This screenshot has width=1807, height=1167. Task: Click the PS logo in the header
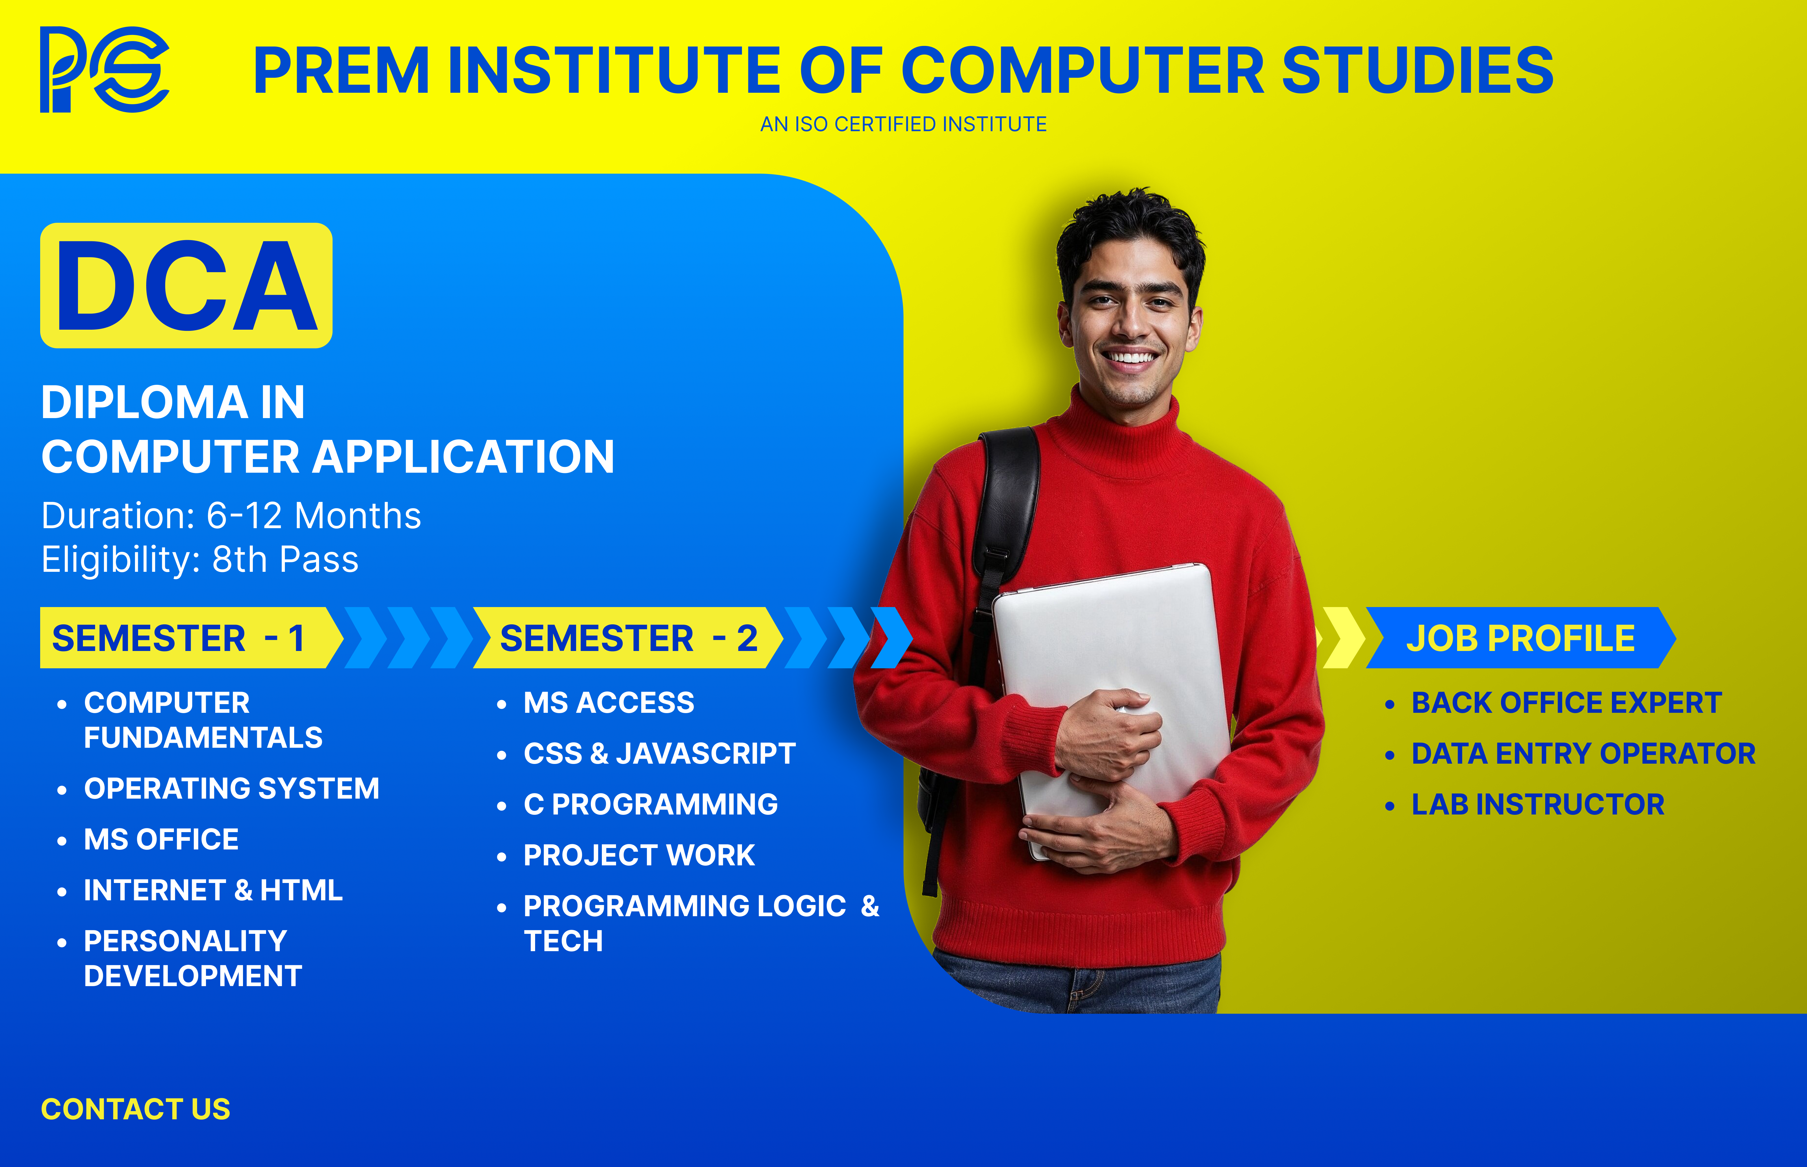(x=105, y=70)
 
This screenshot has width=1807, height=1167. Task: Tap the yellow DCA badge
(x=186, y=286)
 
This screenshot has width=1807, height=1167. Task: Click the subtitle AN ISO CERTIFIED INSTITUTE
(x=903, y=124)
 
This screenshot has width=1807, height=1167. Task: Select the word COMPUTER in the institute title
(x=1082, y=70)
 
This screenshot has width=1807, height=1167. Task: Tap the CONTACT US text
(x=136, y=1109)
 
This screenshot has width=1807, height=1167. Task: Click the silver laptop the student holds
(x=1112, y=705)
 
